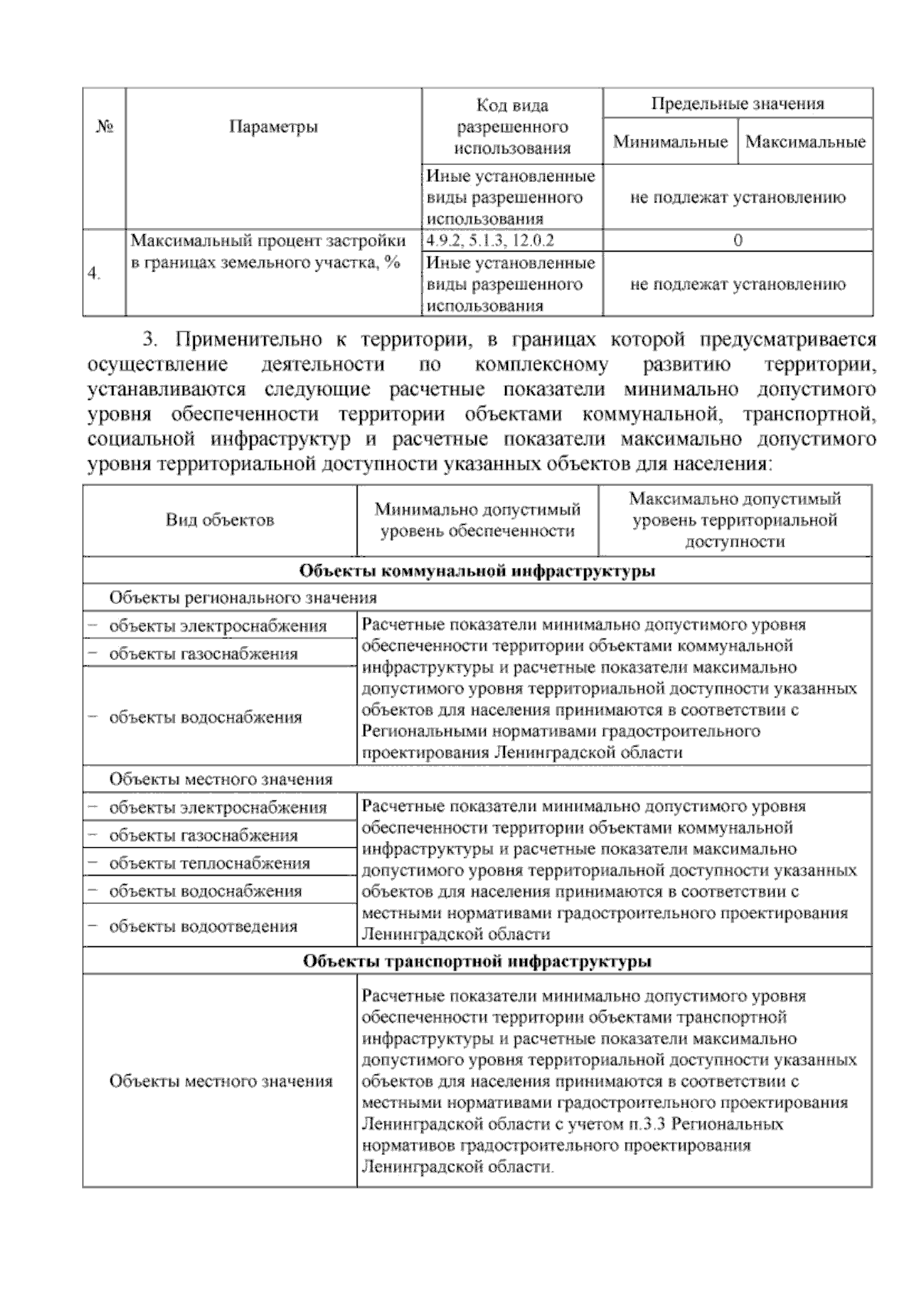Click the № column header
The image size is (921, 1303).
104,127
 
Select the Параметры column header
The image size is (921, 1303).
273,127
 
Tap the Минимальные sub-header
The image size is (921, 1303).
670,142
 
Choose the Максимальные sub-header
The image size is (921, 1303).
805,142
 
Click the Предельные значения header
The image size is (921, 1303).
738,104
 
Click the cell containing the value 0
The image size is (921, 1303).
738,240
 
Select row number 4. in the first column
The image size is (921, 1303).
94,274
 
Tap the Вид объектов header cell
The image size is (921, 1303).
220,520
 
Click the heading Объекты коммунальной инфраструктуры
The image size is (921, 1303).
477,571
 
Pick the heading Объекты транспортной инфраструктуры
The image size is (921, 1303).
477,962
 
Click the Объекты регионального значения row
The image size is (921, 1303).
243,598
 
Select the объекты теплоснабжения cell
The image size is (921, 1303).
210,863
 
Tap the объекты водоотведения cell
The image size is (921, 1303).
203,926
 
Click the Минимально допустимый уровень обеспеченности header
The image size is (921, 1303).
477,520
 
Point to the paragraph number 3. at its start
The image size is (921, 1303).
150,338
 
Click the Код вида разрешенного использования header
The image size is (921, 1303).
512,127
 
